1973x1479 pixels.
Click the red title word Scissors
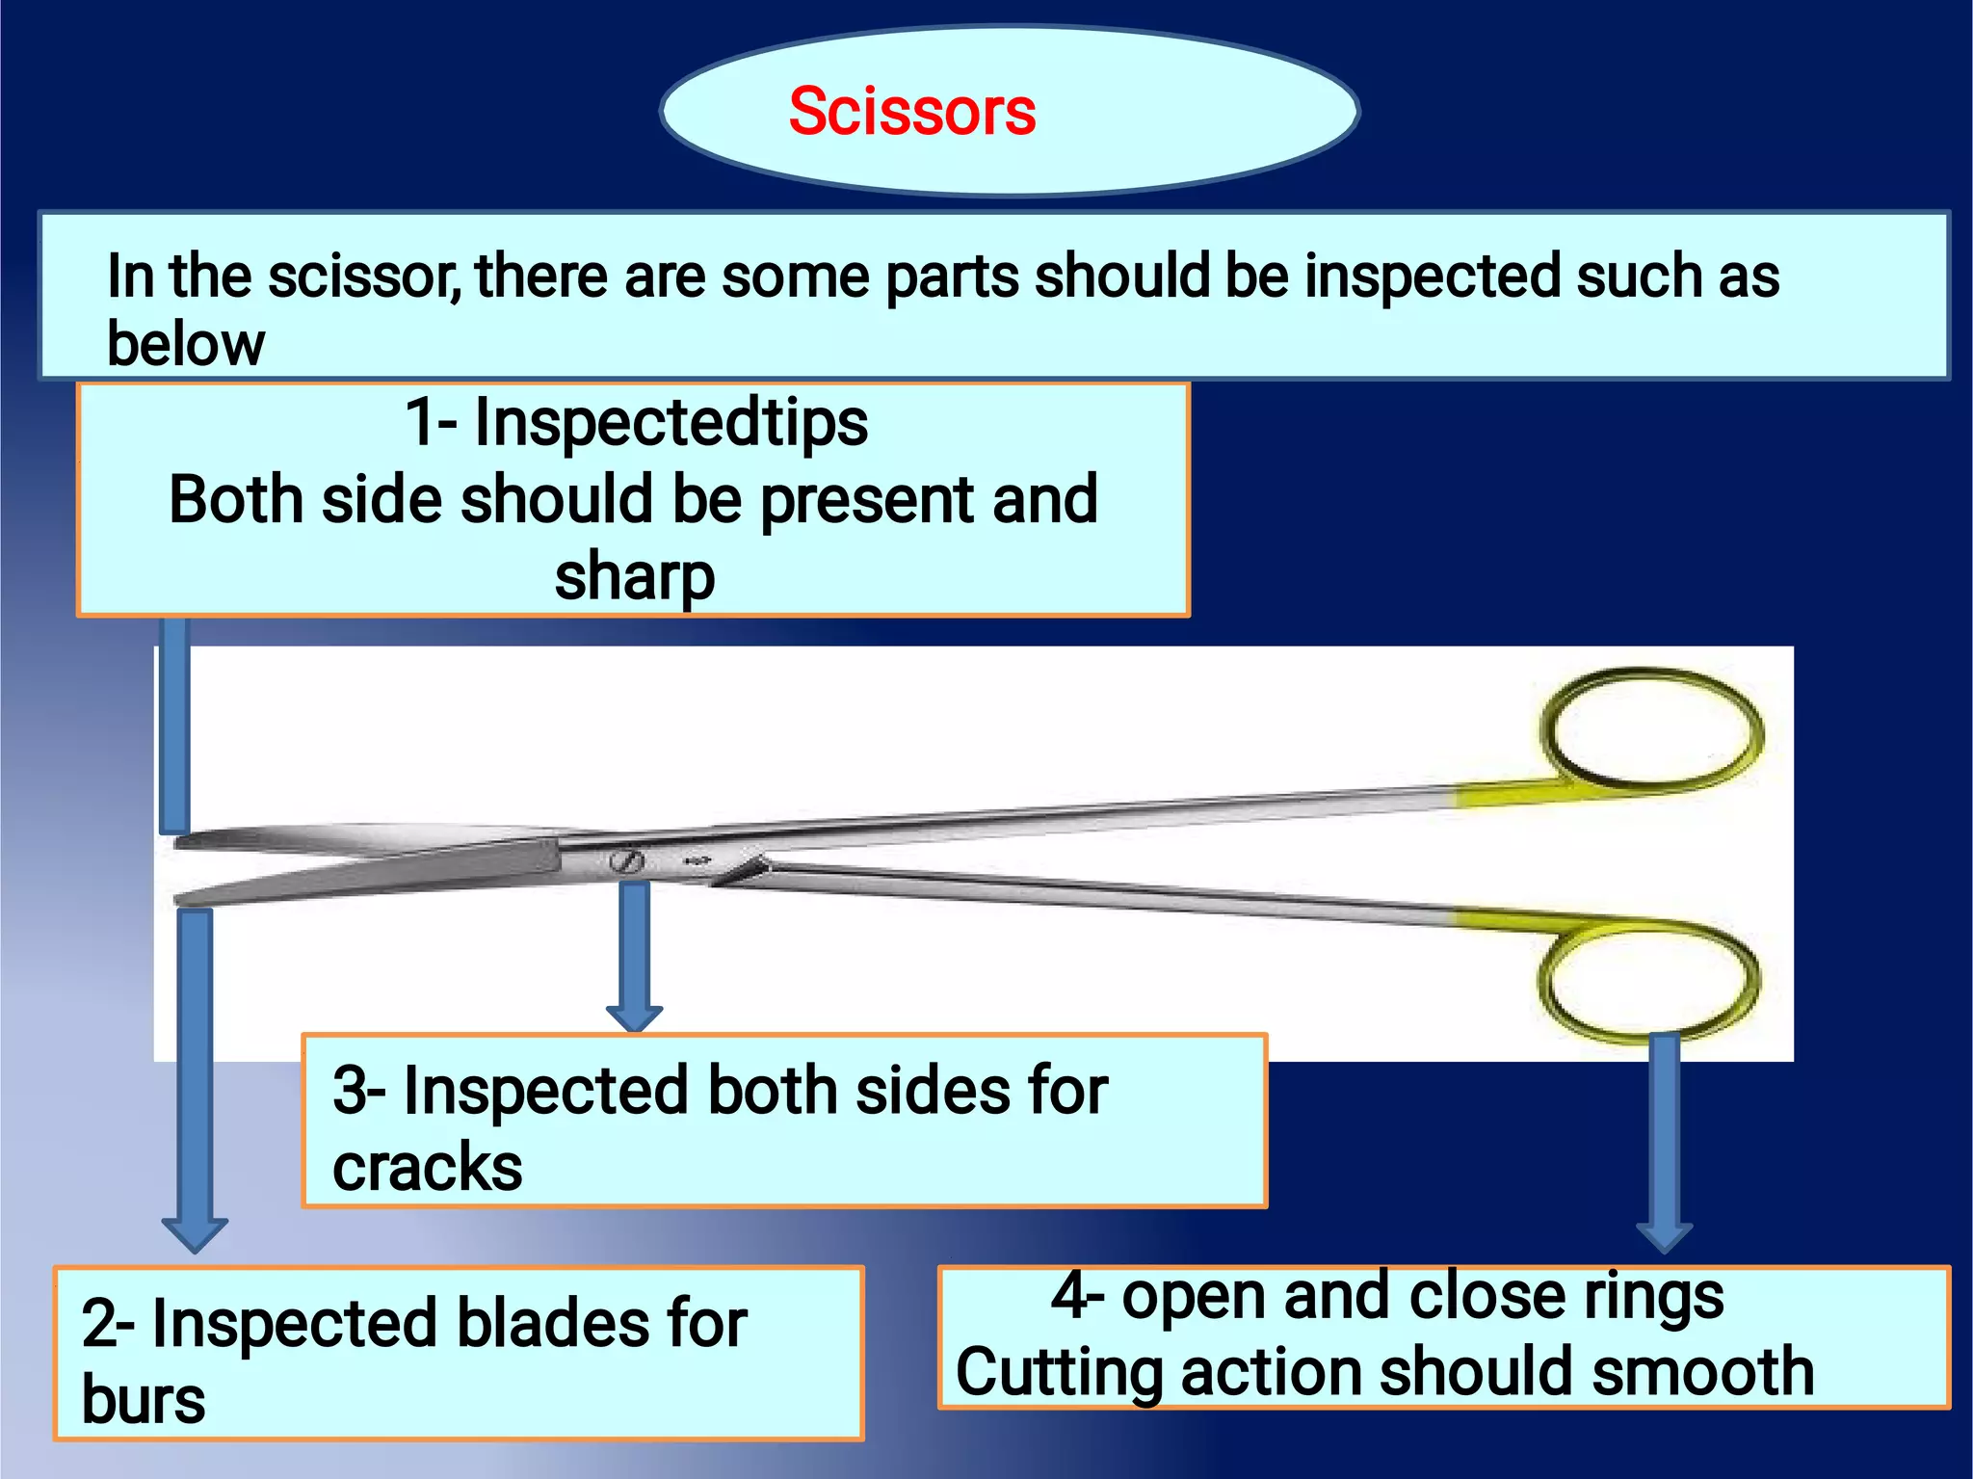click(x=911, y=112)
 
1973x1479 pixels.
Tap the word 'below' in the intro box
click(x=185, y=344)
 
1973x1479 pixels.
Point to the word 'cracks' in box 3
click(x=427, y=1167)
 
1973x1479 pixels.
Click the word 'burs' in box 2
click(x=143, y=1399)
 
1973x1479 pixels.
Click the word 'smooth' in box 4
click(x=1702, y=1372)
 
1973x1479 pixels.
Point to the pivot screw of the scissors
click(x=626, y=860)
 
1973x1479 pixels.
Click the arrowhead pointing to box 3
click(x=634, y=1017)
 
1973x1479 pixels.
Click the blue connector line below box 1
click(x=174, y=723)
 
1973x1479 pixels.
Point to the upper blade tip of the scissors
click(x=183, y=842)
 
